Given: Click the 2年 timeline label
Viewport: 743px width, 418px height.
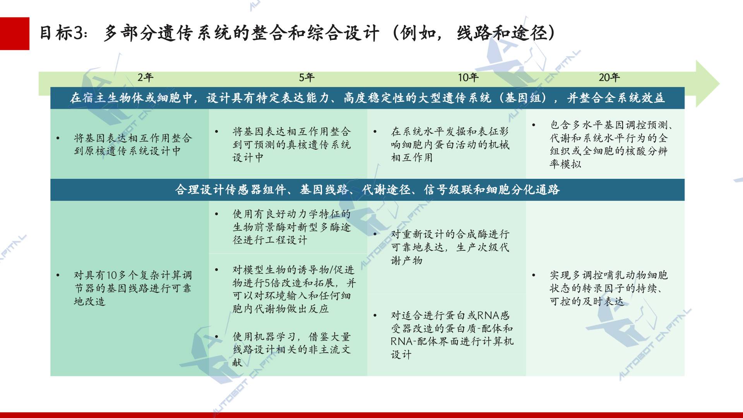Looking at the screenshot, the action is point(146,77).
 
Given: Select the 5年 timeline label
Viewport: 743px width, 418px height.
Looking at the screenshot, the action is point(306,77).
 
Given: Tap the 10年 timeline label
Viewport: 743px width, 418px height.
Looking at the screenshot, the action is point(468,77).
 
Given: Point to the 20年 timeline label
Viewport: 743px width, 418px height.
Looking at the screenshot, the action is point(609,77).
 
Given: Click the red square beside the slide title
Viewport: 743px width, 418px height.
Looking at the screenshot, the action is point(15,34).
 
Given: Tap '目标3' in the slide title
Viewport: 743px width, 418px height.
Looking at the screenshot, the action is point(62,33).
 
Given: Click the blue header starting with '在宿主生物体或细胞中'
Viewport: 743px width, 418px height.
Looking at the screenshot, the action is point(367,98).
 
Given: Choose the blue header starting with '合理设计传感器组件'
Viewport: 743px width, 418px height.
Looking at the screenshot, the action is point(367,190).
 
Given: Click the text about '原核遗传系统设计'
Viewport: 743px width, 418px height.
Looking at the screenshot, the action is point(133,144).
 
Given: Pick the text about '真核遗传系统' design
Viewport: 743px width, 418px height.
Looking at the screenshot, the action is point(291,144).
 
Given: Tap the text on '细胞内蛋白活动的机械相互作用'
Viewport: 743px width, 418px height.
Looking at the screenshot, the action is point(450,144).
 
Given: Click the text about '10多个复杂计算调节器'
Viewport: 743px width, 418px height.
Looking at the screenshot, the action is point(133,288).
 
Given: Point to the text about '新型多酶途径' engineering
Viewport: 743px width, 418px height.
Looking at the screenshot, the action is point(291,227).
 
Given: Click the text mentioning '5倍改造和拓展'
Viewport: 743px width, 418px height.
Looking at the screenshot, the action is point(294,289).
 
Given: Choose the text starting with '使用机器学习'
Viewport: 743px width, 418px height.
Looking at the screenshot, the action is point(291,349).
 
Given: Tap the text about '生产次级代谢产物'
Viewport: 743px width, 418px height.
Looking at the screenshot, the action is point(450,247).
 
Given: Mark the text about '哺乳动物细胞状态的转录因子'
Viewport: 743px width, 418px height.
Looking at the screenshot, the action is point(609,288).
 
